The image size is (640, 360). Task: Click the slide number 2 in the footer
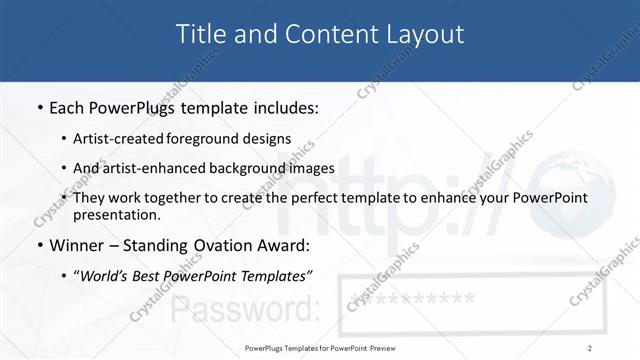(590, 347)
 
